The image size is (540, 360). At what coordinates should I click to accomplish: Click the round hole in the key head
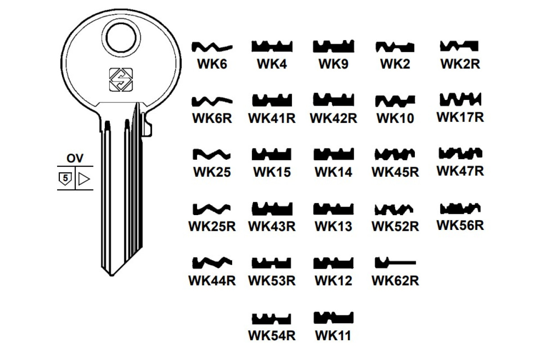tap(121, 39)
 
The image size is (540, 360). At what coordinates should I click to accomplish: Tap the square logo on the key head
tap(121, 79)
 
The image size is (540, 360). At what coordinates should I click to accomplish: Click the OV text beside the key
tap(75, 158)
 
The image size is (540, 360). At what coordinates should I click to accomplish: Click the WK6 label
tap(212, 64)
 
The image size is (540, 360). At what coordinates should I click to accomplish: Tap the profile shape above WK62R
tap(395, 262)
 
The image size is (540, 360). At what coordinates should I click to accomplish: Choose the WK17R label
tap(460, 117)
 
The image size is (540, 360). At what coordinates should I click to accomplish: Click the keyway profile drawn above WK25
tap(212, 154)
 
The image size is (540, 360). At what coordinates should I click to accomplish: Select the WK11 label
tap(333, 335)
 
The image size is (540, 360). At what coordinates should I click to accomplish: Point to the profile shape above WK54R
tap(272, 318)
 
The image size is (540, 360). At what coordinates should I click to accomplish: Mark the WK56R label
tap(460, 225)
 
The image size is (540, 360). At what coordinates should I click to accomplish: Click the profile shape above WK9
tap(333, 46)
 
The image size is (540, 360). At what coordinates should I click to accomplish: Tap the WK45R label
tap(395, 172)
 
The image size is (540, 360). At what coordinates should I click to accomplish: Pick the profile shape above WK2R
tap(459, 46)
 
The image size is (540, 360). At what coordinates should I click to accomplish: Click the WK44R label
tap(212, 280)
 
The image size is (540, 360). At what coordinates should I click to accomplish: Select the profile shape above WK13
tap(333, 209)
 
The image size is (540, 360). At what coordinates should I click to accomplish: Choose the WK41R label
tap(272, 118)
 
